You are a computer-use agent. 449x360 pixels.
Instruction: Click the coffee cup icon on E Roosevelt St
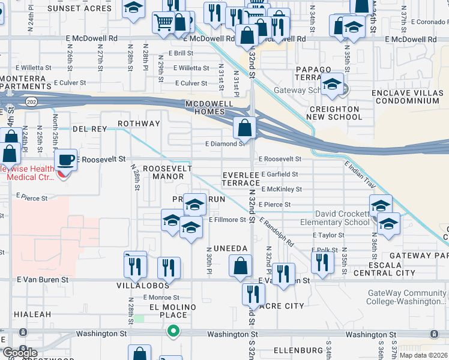click(x=65, y=160)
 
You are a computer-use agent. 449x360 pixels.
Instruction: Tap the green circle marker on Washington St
click(x=173, y=331)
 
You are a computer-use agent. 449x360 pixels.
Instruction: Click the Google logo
click(x=19, y=353)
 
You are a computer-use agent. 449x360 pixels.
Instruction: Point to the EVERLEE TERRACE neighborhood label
click(x=241, y=178)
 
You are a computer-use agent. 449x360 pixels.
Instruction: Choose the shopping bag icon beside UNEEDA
click(x=240, y=266)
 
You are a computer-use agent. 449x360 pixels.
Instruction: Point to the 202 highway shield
click(x=31, y=103)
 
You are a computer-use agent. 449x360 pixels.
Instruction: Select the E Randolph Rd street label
click(x=277, y=233)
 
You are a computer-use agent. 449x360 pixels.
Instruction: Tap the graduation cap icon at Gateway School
click(x=331, y=85)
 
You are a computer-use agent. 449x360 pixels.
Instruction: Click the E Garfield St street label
click(x=279, y=174)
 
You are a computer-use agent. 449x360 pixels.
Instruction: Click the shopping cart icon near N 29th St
click(x=164, y=23)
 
